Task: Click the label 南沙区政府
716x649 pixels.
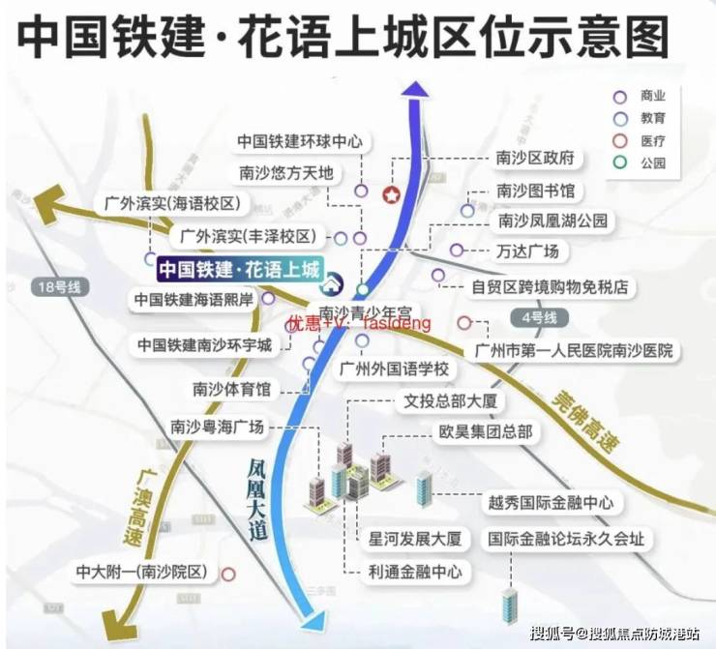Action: coord(535,158)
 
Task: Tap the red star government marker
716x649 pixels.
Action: coord(392,194)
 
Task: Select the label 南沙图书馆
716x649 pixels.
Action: coord(535,191)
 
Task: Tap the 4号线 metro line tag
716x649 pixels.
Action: coord(538,317)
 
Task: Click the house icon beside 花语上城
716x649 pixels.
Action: coord(333,283)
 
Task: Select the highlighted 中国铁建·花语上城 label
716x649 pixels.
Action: coord(238,271)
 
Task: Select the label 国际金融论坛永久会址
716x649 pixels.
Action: coord(565,539)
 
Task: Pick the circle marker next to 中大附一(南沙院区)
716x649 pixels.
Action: coord(228,574)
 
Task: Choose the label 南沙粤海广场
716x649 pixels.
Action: coord(216,427)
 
